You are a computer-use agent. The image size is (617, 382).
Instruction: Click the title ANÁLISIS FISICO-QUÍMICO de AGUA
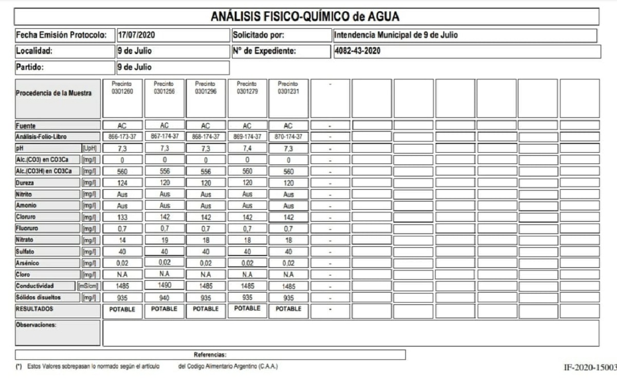pyautogui.click(x=305, y=16)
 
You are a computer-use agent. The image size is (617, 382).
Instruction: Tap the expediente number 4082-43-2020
pyautogui.click(x=357, y=51)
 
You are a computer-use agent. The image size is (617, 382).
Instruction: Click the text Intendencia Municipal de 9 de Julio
pyautogui.click(x=395, y=35)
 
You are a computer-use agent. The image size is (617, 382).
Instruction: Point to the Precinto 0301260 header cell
pyautogui.click(x=122, y=87)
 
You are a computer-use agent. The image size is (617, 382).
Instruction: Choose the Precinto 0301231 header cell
pyautogui.click(x=288, y=87)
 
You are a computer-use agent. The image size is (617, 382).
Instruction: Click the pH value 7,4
pyautogui.click(x=247, y=148)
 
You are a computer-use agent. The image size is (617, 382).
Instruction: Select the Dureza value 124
pyautogui.click(x=122, y=183)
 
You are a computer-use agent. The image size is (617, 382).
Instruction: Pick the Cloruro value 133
pyautogui.click(x=122, y=217)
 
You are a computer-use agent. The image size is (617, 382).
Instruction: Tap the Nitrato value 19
pyautogui.click(x=164, y=240)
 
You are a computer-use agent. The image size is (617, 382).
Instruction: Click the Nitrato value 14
pyautogui.click(x=122, y=240)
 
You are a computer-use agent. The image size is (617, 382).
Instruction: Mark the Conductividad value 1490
pyautogui.click(x=164, y=285)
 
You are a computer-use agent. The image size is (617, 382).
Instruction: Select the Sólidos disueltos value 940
pyautogui.click(x=164, y=297)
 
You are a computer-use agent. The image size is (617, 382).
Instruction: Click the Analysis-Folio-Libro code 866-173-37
pyautogui.click(x=122, y=137)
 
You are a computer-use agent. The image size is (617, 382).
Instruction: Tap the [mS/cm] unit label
pyautogui.click(x=88, y=286)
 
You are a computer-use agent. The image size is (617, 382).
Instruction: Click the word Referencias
pyautogui.click(x=210, y=355)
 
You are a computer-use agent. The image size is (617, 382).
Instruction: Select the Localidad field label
pyautogui.click(x=34, y=51)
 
